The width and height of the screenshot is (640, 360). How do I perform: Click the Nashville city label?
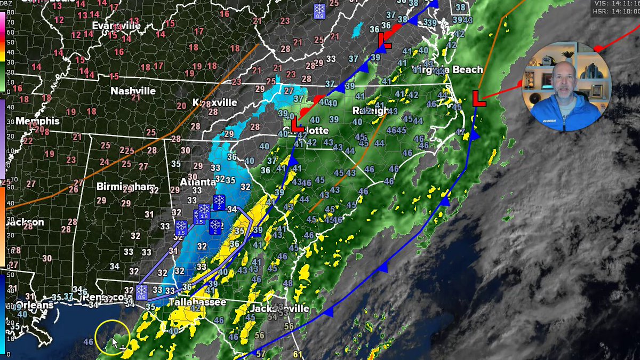133,91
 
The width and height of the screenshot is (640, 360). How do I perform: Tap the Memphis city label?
37,121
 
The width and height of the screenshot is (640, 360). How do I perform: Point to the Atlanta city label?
197,182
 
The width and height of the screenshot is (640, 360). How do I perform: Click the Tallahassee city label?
197,302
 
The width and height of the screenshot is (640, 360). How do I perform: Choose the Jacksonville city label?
279,309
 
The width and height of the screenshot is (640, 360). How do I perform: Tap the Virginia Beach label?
447,69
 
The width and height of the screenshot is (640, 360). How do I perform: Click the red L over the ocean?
479,98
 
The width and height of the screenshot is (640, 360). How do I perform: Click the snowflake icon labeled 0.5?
141,292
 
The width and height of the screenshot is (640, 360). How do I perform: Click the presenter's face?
564,84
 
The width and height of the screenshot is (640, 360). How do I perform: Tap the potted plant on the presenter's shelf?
568,54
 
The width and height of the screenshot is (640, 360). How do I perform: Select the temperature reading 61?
297,355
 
